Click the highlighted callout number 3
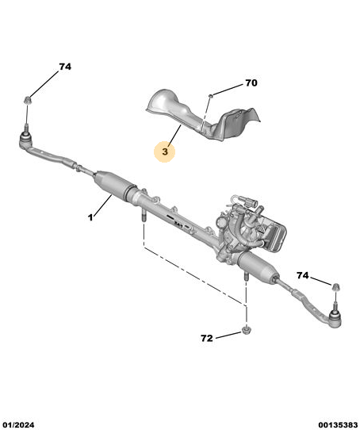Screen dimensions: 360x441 click(165, 151)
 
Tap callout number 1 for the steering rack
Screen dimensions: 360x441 click(90, 217)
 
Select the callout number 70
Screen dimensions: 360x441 click(251, 83)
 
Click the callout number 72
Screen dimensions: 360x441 click(207, 338)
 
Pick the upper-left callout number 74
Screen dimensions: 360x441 click(65, 67)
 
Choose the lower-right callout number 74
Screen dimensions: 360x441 click(303, 275)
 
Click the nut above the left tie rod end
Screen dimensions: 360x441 click(27, 100)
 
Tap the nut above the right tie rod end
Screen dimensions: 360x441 click(335, 287)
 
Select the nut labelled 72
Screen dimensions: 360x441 click(247, 330)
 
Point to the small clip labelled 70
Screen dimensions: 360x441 click(210, 96)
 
